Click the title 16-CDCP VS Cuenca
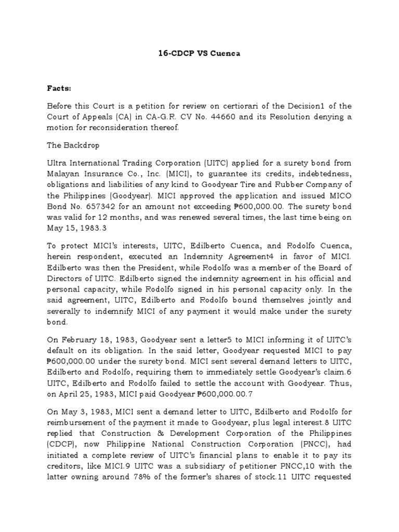point(199,53)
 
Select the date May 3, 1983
point(80,412)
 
